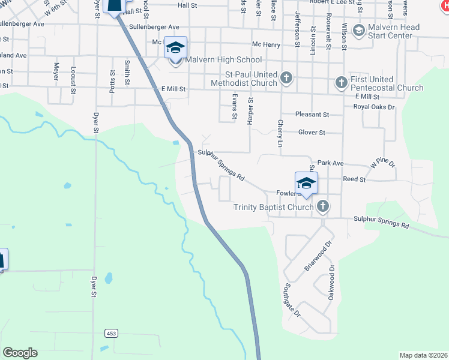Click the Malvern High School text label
pos(223,60)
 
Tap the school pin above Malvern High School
pos(175,48)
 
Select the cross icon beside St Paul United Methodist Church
pos(286,77)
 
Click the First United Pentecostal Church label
pos(388,83)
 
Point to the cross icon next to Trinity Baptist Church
pos(322,207)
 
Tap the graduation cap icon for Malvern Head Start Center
pos(359,31)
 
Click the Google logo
pos(20,353)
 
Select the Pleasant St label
pos(312,114)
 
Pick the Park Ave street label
pos(330,163)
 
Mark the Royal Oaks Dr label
pos(374,107)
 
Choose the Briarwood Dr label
pos(318,256)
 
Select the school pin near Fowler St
pos(306,184)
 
